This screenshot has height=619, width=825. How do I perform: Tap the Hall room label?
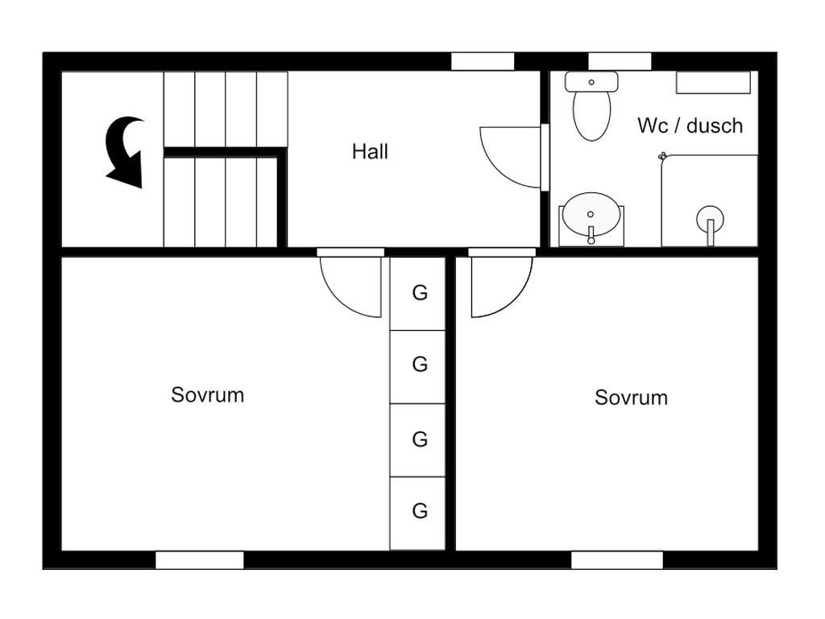[370, 151]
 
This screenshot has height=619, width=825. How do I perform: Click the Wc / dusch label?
[690, 126]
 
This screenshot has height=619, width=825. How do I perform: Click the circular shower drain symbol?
[710, 218]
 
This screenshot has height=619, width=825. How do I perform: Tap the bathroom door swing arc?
[508, 157]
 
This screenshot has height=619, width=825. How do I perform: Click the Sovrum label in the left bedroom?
[207, 394]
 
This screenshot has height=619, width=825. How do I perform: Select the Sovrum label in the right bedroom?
[631, 398]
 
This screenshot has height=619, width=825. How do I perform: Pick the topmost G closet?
[418, 293]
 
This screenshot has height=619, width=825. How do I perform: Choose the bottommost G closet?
[418, 513]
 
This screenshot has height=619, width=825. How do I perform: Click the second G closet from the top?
[418, 366]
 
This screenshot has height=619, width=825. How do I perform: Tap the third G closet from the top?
[418, 439]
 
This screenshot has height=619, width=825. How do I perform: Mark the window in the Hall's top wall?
[482, 62]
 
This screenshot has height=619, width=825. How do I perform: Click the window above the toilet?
[619, 62]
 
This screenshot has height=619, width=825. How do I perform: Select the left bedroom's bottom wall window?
[199, 560]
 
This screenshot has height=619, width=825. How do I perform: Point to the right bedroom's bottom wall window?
[616, 560]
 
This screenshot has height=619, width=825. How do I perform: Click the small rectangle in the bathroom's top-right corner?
[712, 82]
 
